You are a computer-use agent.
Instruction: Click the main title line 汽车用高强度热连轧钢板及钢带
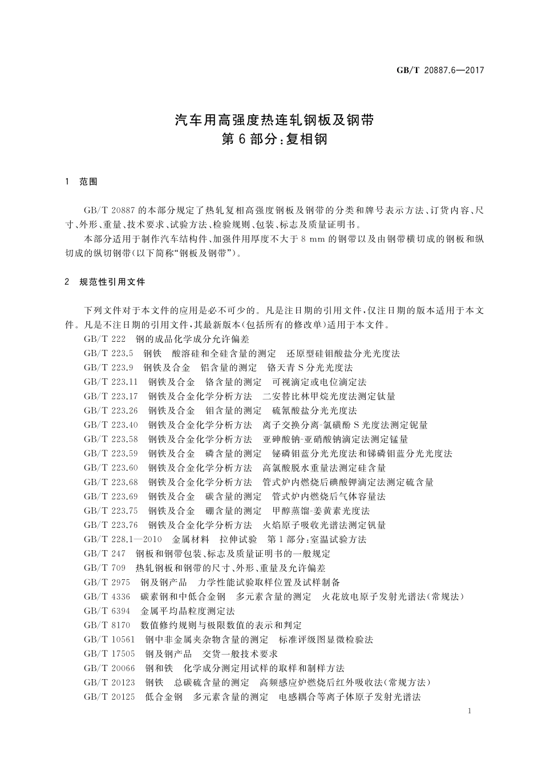click(x=274, y=120)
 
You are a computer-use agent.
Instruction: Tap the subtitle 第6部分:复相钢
click(x=274, y=139)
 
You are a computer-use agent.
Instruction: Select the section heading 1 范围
click(x=82, y=181)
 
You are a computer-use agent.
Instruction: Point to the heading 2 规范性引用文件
click(x=105, y=282)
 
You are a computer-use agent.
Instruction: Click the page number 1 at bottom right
click(x=468, y=711)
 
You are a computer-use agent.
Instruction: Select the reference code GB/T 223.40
click(x=111, y=425)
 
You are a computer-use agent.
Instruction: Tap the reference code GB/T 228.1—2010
click(x=123, y=539)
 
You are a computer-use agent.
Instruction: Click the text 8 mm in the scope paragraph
click(x=313, y=239)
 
